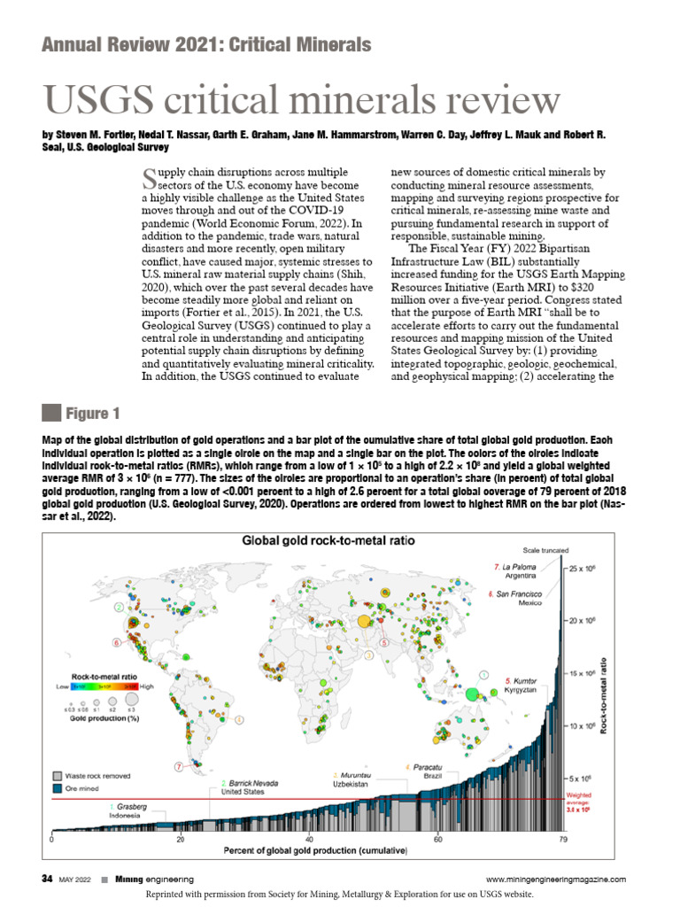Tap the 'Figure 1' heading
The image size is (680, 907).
[92, 414]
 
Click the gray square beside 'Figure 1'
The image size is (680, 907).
[51, 414]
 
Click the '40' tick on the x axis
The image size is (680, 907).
[309, 838]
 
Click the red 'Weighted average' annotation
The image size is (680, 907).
[583, 800]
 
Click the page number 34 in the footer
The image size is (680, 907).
[48, 879]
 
